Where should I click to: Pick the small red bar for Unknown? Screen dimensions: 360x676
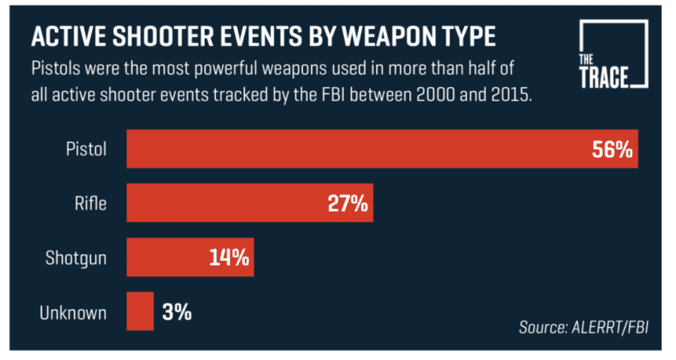point(139,311)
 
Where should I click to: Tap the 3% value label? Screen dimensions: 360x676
point(176,311)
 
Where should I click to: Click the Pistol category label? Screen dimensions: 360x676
point(88,149)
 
